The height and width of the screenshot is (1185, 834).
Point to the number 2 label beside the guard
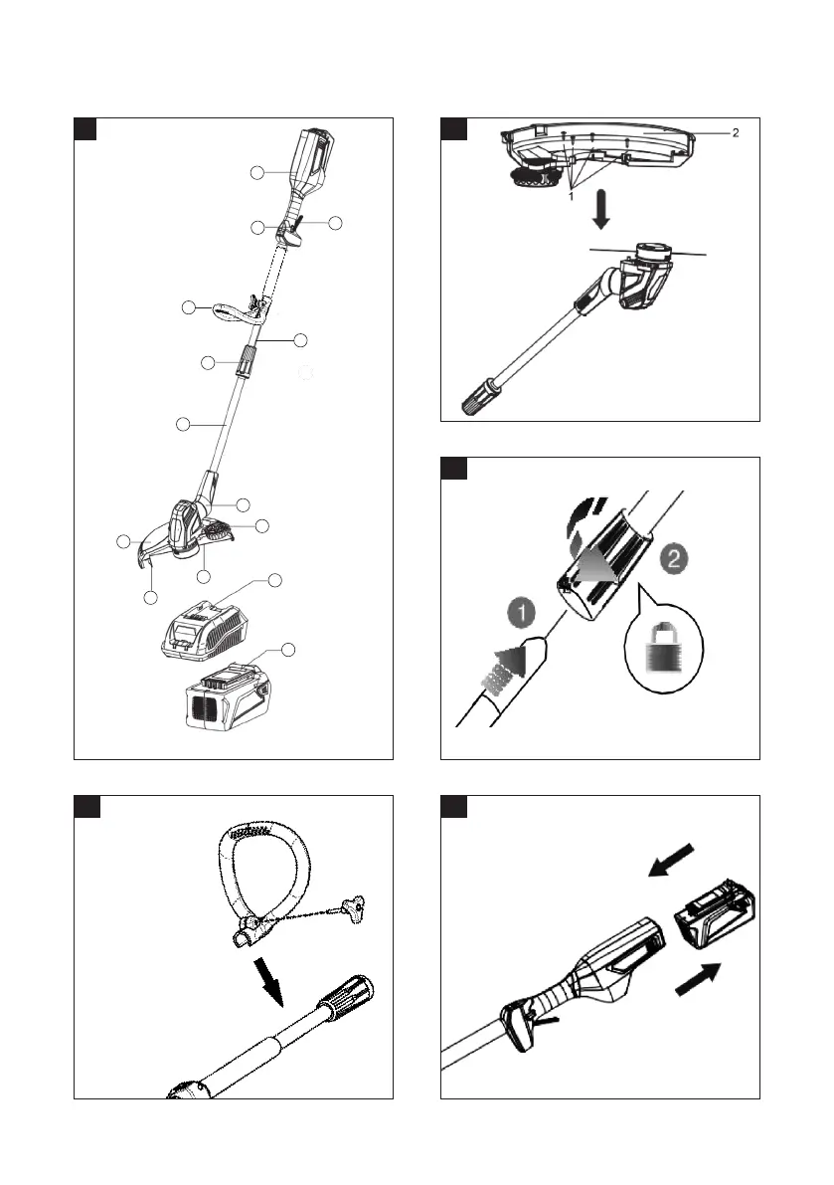coord(735,132)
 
